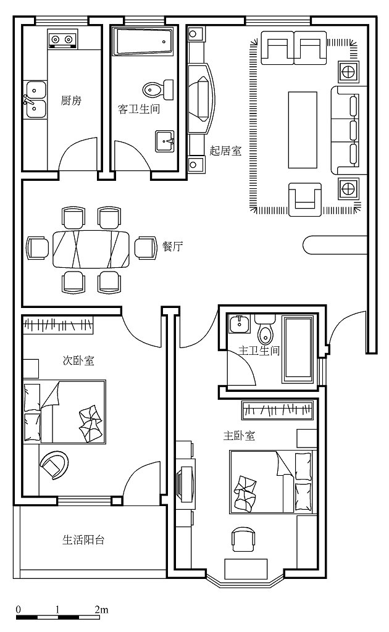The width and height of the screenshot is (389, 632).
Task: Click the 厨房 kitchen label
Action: tap(71, 100)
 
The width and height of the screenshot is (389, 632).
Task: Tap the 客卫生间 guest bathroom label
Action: tap(139, 109)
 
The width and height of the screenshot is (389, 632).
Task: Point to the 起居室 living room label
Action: tap(225, 151)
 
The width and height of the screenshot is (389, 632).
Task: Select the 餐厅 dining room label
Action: tap(172, 246)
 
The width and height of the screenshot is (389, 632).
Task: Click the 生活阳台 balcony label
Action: tap(83, 539)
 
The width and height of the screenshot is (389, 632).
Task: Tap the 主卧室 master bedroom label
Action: tap(239, 436)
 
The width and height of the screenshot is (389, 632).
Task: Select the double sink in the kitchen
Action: tap(35, 99)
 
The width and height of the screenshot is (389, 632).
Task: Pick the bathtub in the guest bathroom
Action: tap(143, 41)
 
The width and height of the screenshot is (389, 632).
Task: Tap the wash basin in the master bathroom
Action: tap(240, 323)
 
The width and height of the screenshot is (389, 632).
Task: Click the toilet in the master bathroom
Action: tap(266, 330)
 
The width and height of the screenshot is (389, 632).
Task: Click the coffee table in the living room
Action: tap(303, 130)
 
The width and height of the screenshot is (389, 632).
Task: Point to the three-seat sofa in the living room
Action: tap(345, 130)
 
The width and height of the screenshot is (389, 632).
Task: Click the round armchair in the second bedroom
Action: tap(54, 465)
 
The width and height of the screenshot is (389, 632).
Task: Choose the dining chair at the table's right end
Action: tap(145, 247)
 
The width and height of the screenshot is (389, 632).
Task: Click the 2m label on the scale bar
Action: tap(102, 609)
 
